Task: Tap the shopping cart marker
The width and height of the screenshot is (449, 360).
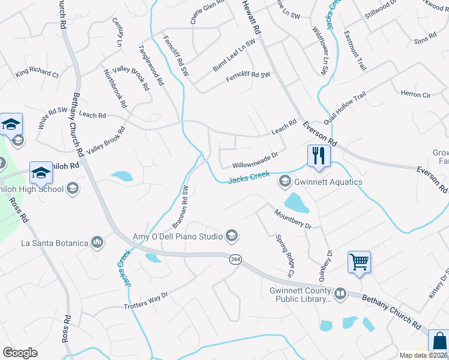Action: (x=359, y=262)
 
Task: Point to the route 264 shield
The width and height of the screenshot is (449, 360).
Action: (x=235, y=259)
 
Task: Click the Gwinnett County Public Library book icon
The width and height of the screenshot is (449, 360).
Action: (x=340, y=293)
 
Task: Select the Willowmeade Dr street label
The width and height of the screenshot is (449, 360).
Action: (x=255, y=159)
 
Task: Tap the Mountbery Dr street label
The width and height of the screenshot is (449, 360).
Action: (x=293, y=218)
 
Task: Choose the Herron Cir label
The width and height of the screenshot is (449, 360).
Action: (x=415, y=94)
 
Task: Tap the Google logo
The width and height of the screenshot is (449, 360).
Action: (x=20, y=352)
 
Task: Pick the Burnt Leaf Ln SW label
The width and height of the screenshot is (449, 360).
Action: (x=234, y=56)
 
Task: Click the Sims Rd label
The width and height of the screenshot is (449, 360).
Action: (x=424, y=38)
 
